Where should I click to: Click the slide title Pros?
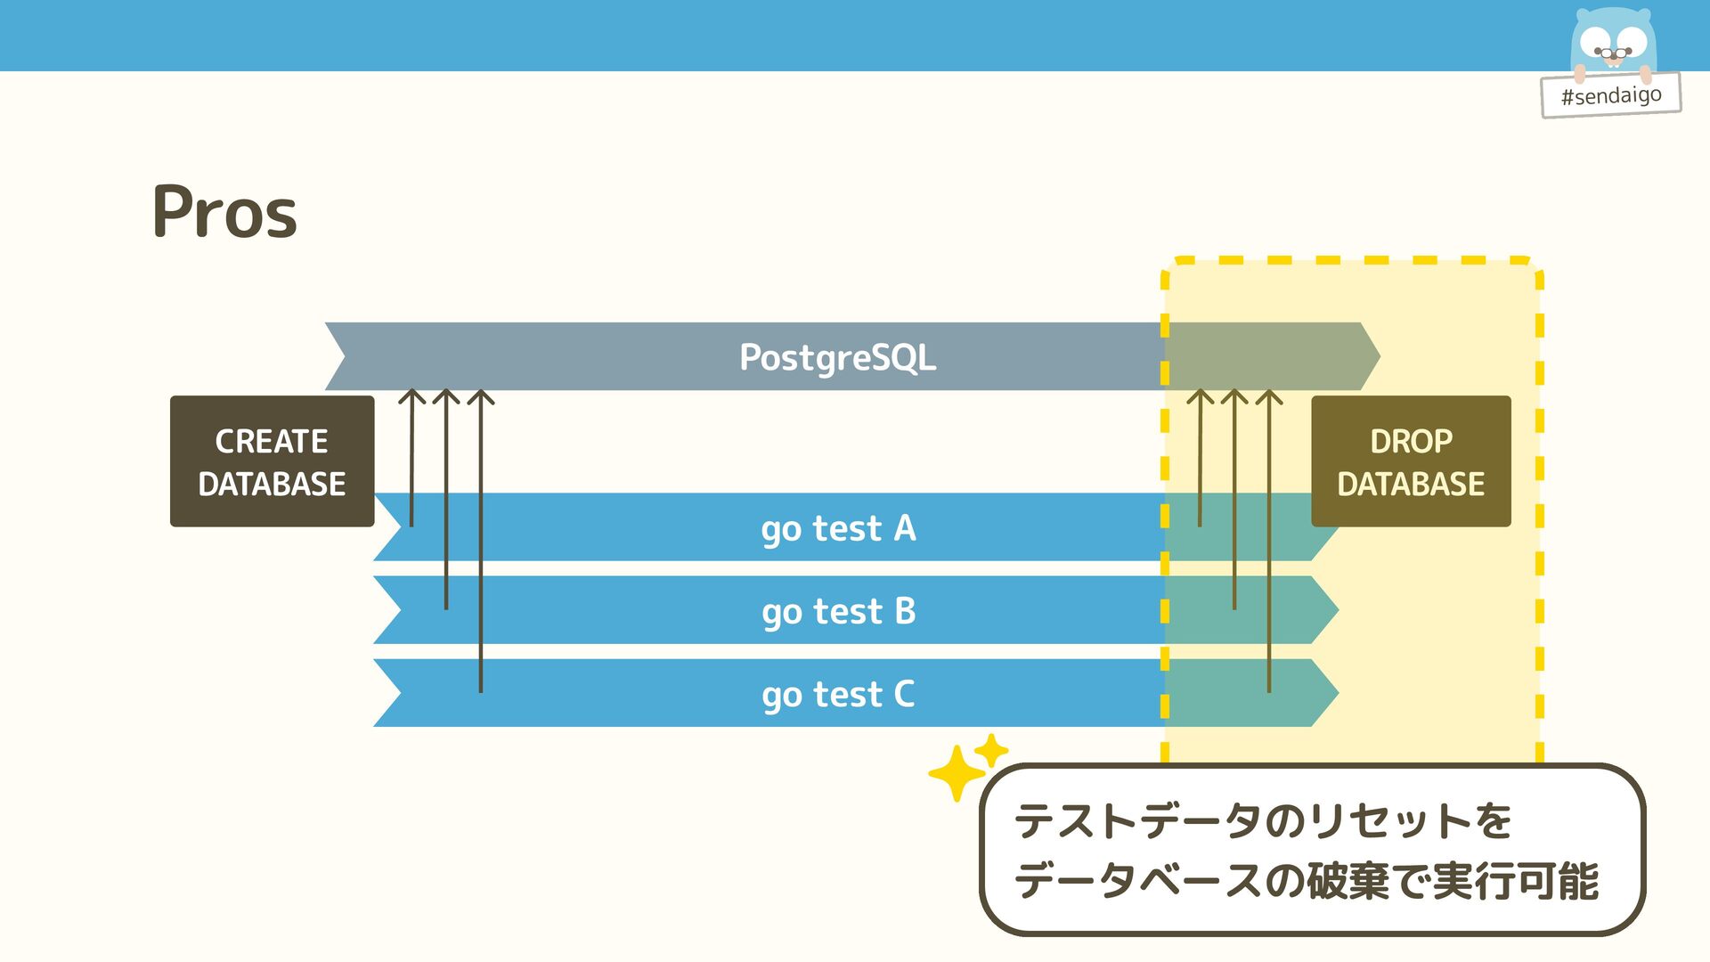[x=224, y=212]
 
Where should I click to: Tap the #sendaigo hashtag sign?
[x=1610, y=95]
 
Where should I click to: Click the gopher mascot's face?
[x=1613, y=42]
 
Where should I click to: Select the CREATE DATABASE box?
[x=272, y=461]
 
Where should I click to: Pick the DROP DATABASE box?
[x=1411, y=461]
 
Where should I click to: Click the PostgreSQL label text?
[x=837, y=357]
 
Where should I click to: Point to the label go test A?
[x=838, y=528]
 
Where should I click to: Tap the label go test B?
[x=838, y=611]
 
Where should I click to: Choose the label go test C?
[x=838, y=694]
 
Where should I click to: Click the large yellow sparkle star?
[x=957, y=773]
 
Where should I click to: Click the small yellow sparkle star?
[x=990, y=750]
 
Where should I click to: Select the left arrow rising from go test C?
[x=481, y=543]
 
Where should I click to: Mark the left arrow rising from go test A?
[x=411, y=459]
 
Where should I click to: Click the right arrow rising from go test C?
[x=1269, y=543]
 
